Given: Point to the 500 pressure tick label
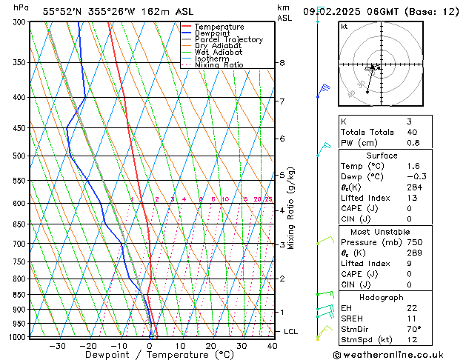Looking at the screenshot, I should [17, 156].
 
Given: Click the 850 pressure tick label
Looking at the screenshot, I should [17, 295].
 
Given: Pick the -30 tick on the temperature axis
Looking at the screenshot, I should [57, 345].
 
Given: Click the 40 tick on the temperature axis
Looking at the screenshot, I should [272, 345].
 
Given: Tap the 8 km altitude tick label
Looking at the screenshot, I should [282, 63].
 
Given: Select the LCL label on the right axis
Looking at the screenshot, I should [291, 332].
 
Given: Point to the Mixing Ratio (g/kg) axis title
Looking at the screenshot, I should [291, 208].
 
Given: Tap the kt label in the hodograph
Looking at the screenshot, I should [344, 26].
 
